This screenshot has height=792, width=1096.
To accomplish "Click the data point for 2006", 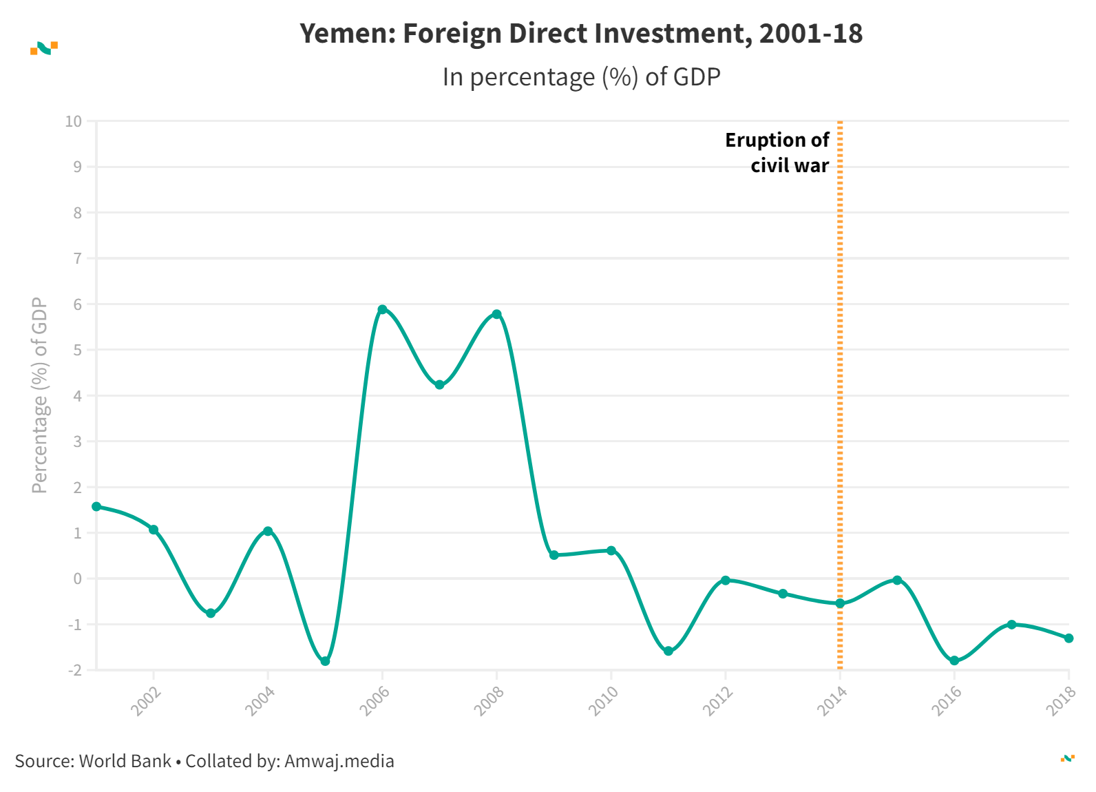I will coord(382,309).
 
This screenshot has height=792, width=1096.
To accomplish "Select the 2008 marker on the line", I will coord(496,314).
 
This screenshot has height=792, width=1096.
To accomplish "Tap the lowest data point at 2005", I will coord(325,661).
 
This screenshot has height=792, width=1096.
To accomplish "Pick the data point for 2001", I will coord(96,506).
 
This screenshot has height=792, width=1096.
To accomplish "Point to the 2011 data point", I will coord(668,651).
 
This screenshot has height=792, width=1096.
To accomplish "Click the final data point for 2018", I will coord(1068,638).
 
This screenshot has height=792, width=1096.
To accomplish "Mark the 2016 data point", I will coord(954,660).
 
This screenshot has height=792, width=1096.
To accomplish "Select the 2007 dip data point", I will coord(439,385).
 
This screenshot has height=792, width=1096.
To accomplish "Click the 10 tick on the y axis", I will coord(73,121).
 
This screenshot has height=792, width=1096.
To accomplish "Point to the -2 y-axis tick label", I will coord(74,670).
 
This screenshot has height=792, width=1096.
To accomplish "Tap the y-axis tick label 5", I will coord(77,350).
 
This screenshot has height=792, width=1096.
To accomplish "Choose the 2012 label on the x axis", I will coord(719,701).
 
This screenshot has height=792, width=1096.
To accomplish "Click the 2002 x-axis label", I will coord(146,701).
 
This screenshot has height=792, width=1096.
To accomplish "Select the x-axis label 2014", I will coord(833,701).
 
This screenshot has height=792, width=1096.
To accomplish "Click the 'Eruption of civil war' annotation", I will coord(777,152).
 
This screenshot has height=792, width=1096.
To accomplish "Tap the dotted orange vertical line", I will coord(840,413).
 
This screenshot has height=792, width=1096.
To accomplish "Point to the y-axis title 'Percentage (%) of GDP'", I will coord(39,395).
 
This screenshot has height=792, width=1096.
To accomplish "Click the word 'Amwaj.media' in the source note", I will coord(339,761).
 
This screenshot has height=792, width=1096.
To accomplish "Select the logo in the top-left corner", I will coord(44,48).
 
